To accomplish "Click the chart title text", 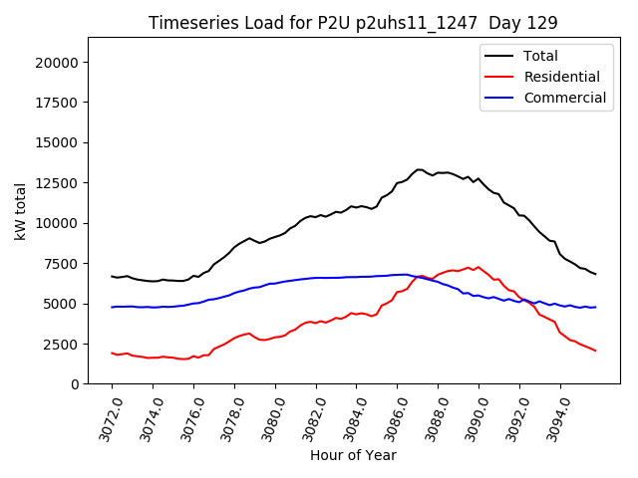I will [353, 22].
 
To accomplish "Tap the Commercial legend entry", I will [564, 98].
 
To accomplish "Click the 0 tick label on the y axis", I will [75, 384].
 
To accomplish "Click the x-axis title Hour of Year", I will [353, 455].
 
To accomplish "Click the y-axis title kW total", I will [20, 211].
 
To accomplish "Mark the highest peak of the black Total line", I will [420, 169].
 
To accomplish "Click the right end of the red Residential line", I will [595, 351].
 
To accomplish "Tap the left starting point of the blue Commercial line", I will [112, 307].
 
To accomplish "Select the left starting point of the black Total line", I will [112, 276].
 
